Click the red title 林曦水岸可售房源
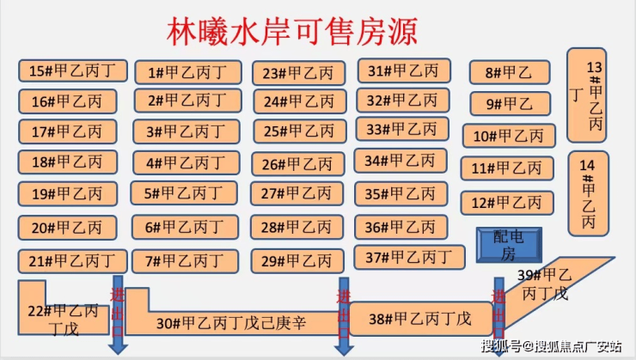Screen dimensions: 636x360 292,32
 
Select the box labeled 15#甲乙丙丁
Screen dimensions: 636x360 73,71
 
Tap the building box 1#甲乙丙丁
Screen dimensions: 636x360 188,72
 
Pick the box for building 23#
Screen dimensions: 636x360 299,73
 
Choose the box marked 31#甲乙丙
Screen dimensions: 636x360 404,71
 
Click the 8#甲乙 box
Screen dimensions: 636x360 510,72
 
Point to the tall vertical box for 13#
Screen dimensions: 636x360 587,95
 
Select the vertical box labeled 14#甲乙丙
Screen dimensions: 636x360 589,194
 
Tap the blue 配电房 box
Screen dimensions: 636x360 509,245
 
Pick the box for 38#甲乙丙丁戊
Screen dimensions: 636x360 421,319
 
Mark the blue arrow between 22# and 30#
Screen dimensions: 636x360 118,314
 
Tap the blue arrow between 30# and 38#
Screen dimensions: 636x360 344,316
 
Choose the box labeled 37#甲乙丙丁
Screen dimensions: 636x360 410,257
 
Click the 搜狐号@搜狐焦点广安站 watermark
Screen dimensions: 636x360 552,346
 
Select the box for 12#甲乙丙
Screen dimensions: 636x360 507,203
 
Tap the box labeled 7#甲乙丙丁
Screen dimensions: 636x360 186,261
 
